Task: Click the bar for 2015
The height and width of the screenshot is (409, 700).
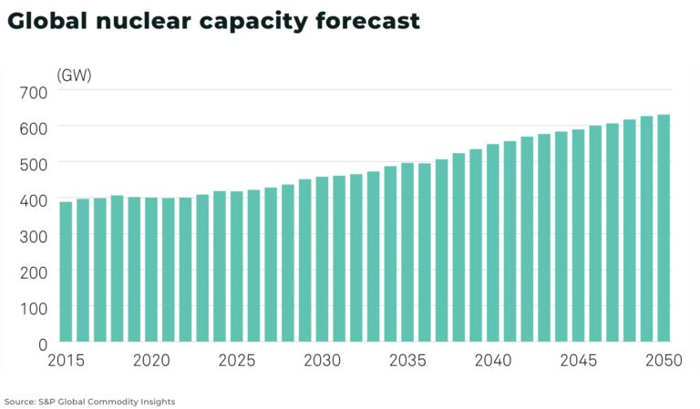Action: coord(66,272)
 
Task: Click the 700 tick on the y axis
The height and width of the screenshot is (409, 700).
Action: coord(34,92)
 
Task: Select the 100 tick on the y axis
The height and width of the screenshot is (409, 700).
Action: coord(34,308)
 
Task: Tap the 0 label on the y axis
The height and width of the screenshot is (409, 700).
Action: coord(43,344)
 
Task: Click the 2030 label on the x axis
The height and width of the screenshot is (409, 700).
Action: coord(322,361)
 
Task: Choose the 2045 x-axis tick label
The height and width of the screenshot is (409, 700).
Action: coord(578,361)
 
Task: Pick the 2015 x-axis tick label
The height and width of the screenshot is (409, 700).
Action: coord(66,361)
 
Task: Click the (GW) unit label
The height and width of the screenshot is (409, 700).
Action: coord(74,76)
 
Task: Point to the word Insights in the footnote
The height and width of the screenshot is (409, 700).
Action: coord(155,402)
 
